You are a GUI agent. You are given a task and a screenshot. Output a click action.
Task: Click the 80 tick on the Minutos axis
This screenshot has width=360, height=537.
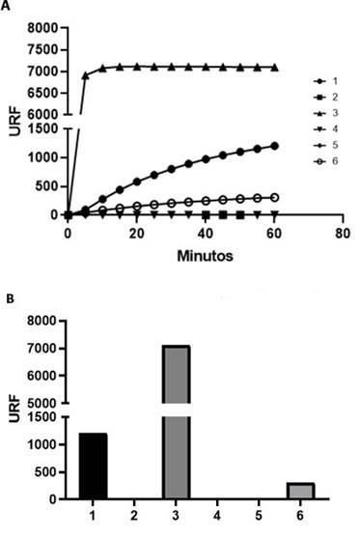342,234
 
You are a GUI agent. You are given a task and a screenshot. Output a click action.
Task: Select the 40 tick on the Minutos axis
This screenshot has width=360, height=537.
205,234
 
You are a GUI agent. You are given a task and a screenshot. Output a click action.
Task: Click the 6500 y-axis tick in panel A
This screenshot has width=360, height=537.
42,93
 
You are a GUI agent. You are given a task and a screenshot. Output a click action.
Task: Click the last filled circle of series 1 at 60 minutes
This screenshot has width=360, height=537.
274,146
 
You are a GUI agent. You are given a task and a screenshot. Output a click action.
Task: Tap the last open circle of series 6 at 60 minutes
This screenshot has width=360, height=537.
274,197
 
